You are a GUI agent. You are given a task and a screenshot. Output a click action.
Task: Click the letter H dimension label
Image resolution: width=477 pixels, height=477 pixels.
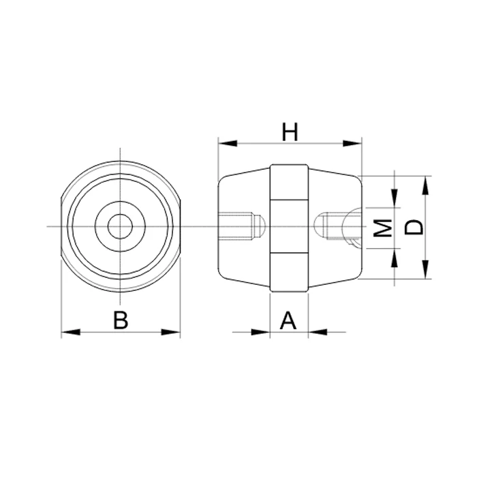[x=291, y=132]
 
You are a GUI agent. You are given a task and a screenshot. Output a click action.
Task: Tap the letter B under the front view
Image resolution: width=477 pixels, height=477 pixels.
[x=121, y=320]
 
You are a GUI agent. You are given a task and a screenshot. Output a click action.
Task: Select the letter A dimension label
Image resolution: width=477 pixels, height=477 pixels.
[x=290, y=320]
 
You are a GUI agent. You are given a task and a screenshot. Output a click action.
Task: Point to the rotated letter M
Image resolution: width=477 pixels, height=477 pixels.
[x=384, y=228]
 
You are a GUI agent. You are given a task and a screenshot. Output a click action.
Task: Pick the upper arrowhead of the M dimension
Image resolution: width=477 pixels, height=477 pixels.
[x=395, y=197]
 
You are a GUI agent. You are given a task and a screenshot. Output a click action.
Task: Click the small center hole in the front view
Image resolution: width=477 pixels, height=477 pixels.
[x=121, y=226]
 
